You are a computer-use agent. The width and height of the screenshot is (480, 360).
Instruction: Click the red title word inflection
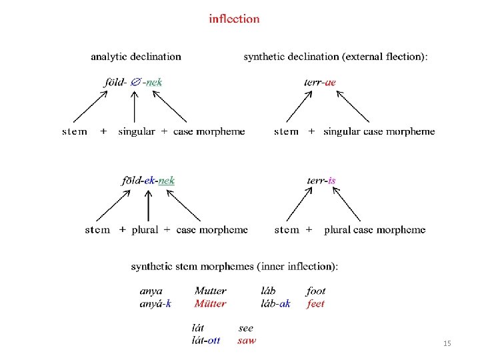point(234,19)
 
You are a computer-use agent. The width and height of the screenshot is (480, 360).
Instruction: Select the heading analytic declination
point(136,57)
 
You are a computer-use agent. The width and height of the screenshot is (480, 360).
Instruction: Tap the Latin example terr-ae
point(321,82)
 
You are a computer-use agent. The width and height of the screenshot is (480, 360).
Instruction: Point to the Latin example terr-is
point(321,180)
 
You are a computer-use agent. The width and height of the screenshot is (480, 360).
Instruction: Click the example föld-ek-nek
point(148,180)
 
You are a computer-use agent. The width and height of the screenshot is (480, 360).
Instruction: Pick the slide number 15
point(447,343)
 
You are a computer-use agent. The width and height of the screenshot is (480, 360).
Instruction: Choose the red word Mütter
point(210,304)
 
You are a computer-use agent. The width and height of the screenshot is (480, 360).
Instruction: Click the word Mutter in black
point(210,291)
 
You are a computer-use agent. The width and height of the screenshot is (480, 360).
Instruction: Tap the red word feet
point(316,304)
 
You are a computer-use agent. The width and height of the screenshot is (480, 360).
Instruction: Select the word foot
point(316,291)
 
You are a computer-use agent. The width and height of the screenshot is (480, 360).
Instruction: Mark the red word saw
point(247,341)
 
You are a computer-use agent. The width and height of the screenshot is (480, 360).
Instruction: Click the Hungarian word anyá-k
point(155,304)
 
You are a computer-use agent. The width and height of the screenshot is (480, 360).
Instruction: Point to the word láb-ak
point(275,304)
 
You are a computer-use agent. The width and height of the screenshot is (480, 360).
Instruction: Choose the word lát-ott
point(206,341)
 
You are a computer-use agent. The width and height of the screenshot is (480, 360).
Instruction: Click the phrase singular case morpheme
point(379,132)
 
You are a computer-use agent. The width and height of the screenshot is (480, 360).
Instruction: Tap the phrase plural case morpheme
point(374,230)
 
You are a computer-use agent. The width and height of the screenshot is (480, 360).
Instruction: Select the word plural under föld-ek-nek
point(145,230)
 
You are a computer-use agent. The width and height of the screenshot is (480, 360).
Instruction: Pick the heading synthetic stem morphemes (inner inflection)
point(235,267)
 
